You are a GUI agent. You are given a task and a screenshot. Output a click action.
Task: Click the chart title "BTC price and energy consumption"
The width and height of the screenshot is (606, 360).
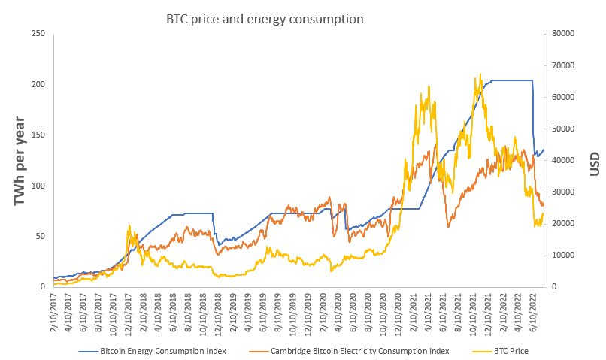point(265,19)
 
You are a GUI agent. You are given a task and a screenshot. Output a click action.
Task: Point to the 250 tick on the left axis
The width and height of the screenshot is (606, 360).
point(38,34)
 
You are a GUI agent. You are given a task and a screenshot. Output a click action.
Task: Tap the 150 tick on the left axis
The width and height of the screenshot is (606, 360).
point(38,135)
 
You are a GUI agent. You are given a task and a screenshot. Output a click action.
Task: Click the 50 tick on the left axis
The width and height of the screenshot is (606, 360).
point(40,236)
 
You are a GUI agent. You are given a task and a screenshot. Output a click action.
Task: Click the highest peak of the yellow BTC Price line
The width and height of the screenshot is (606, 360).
point(480,74)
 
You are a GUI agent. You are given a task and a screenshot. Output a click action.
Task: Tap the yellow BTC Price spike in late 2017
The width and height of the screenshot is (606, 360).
point(129,225)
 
